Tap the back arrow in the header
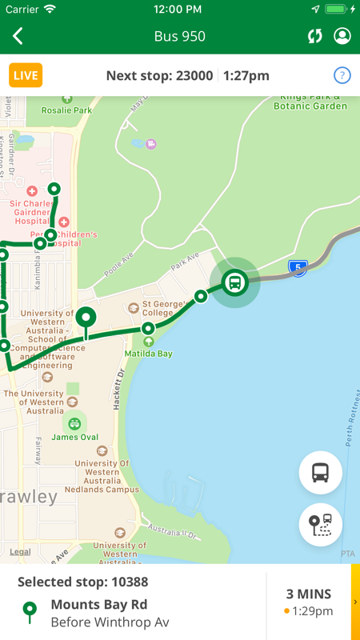coord(18,36)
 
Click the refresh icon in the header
coord(315,37)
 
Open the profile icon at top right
coord(342,37)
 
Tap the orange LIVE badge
coord(26,76)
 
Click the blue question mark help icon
coord(342,76)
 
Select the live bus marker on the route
coord(235,282)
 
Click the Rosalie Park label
coord(68,110)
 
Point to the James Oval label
coord(74,437)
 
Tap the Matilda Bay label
coord(148,353)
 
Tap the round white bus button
coord(321,473)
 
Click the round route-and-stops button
coord(321,525)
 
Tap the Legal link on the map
coord(21,552)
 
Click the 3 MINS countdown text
coord(309,594)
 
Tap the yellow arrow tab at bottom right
coord(355,602)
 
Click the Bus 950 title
coord(180,37)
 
